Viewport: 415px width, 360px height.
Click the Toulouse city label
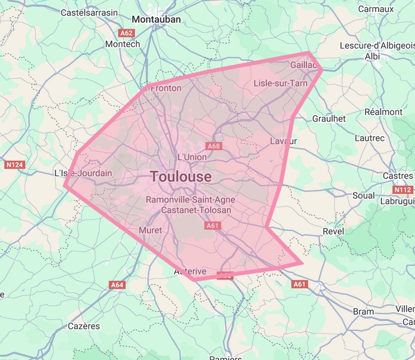coord(181,177)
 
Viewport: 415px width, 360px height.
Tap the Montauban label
coord(156,19)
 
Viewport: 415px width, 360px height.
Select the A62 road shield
coord(127,33)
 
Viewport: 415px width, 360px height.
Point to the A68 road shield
coord(214,146)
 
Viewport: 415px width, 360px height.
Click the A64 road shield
coord(118,285)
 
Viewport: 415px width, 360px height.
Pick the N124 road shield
coord(14,164)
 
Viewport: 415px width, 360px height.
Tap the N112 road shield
coord(402,190)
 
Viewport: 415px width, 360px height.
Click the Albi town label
coord(372,56)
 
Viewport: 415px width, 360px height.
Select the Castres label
coord(397,176)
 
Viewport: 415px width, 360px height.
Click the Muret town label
coord(150,230)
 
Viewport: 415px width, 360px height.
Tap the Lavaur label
coord(283,141)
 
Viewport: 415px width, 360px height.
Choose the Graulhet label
coord(329,119)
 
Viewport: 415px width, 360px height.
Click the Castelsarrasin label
coord(89,11)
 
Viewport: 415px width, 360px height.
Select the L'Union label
coord(192,157)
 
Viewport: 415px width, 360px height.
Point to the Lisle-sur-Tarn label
coord(281,83)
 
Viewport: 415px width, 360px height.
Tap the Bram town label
coord(363,311)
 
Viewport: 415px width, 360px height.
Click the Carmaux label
coord(376,9)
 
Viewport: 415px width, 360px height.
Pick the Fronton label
coord(166,88)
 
